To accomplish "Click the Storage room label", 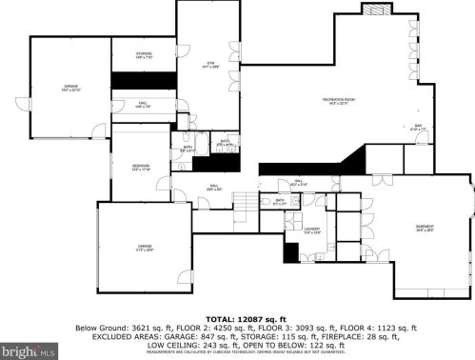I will click(x=145, y=55).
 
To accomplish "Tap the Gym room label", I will click(x=210, y=65).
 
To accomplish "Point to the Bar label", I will click(x=418, y=126).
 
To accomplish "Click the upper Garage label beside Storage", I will click(x=70, y=88).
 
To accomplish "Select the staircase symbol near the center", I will click(x=247, y=201).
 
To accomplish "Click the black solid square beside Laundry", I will click(x=291, y=252).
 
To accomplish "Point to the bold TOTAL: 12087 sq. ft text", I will click(x=237, y=318).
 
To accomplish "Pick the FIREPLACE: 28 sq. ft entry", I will click(x=357, y=336).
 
